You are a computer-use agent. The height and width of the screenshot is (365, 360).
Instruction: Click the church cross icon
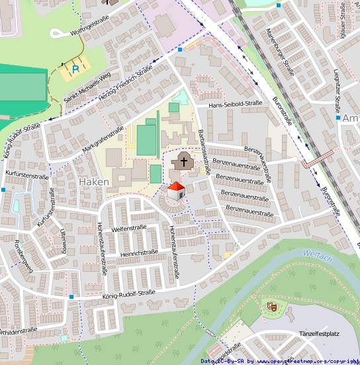183,161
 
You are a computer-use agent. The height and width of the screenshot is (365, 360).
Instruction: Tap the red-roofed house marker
175,192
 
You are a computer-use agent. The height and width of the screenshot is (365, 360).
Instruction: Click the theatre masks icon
271,305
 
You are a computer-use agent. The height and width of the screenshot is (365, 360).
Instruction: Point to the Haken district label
93,181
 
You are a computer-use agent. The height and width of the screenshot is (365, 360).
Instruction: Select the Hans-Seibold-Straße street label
235,104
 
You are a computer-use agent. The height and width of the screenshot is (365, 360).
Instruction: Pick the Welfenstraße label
128,228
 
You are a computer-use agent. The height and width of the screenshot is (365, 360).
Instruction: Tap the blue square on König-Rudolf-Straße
71,297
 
